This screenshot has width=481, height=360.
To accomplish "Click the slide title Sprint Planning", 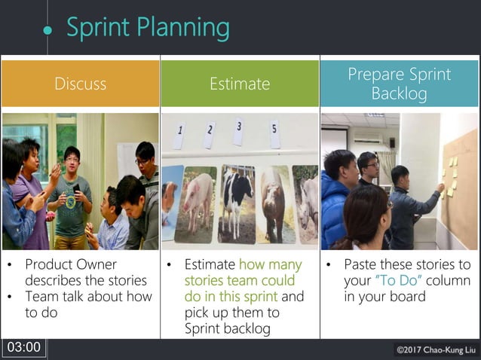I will (x=148, y=28).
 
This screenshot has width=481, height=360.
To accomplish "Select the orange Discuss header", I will (x=80, y=84).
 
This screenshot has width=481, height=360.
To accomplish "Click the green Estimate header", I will (x=240, y=84).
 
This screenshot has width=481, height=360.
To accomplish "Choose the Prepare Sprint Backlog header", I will (x=399, y=84).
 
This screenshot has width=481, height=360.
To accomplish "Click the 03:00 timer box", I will (x=23, y=347).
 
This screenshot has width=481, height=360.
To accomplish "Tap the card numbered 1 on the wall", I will (x=179, y=136).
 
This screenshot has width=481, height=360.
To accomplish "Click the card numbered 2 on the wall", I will (x=209, y=134).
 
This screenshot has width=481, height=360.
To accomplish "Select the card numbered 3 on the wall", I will (x=238, y=130).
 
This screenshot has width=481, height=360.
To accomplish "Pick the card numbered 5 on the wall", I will (x=274, y=133).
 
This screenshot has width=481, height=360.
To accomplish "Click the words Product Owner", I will (x=71, y=264).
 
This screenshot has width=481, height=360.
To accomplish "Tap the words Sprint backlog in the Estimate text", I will (x=223, y=328).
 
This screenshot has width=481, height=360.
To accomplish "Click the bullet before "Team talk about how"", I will (x=10, y=297).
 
